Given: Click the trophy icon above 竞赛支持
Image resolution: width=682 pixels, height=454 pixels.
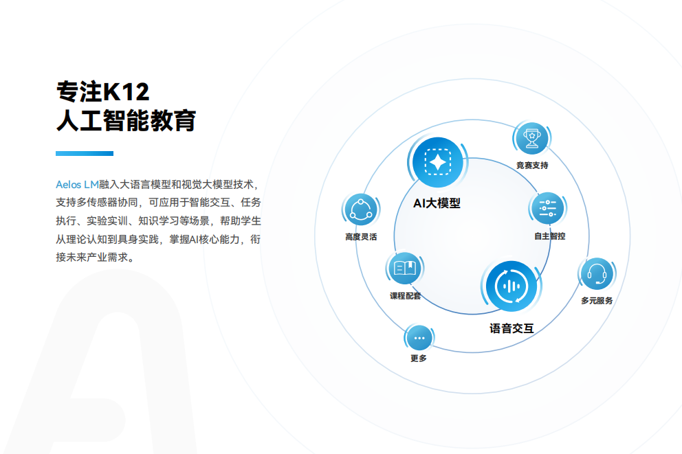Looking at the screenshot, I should tap(531, 138).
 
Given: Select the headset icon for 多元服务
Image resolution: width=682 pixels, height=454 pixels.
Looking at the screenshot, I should tap(596, 274).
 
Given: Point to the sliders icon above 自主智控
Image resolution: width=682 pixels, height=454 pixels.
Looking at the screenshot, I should tap(547, 208).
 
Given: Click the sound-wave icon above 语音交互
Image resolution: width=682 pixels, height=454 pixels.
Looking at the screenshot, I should tap(510, 286).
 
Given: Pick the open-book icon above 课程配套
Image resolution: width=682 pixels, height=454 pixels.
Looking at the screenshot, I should tap(404, 269).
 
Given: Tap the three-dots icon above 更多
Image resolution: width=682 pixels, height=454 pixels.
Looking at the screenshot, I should tap(419, 338).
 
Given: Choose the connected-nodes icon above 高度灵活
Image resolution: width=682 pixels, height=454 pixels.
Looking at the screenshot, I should tap(361, 209).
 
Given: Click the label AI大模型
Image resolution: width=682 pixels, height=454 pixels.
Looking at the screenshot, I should tap(437, 203).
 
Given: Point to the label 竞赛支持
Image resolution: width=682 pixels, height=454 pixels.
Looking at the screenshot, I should tap(532, 166).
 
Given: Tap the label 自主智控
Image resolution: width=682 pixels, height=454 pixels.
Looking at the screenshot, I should tap(549, 236).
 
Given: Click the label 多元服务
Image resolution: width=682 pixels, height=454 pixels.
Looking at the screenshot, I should tap(597, 301).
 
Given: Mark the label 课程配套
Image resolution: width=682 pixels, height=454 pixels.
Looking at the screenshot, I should tap(405, 296).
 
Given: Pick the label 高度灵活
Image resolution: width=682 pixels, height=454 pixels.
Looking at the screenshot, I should tap(361, 237).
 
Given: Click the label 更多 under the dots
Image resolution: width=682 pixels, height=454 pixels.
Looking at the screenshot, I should tap(418, 359).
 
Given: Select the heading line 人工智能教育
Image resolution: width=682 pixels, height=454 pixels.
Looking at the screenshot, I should tap(126, 121).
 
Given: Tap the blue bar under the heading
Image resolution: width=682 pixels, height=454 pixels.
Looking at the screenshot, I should tap(84, 153).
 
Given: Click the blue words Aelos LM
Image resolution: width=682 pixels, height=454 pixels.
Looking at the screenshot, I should tap(77, 185).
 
